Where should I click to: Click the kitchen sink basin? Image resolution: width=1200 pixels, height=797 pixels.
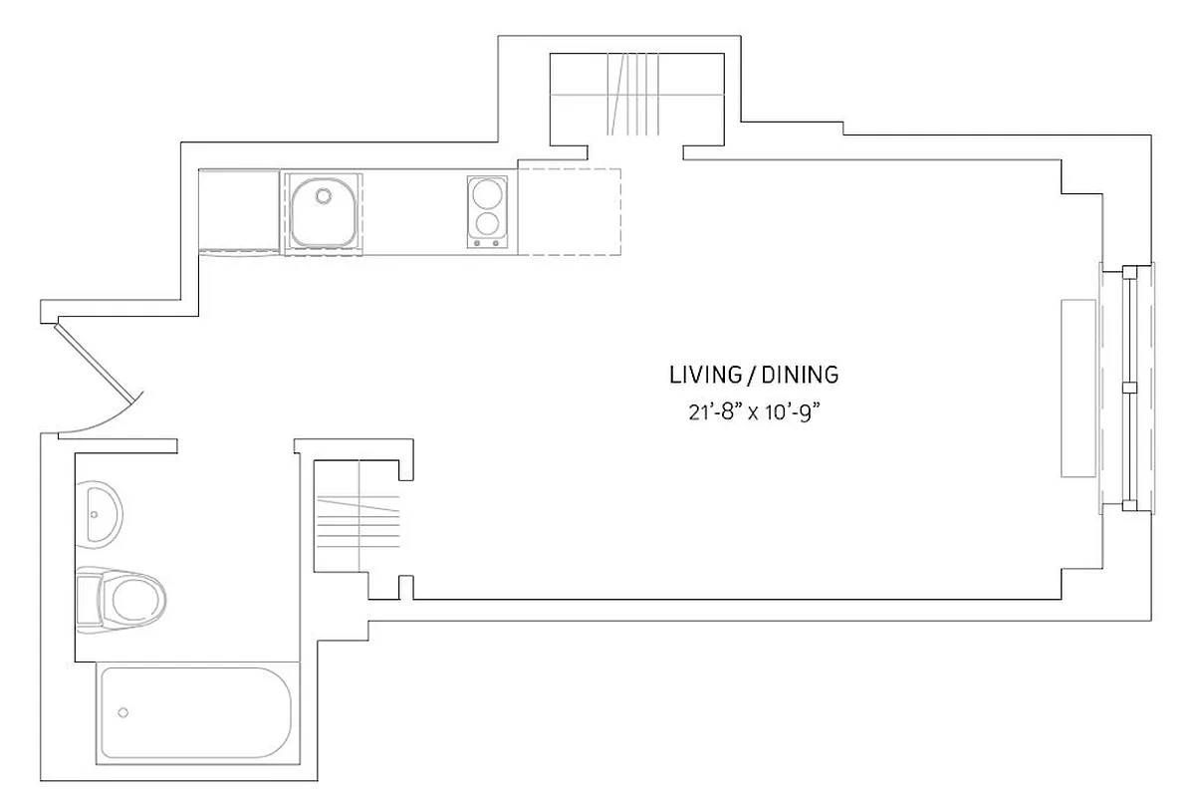[323, 212]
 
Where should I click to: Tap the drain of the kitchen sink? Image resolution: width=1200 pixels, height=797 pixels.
[322, 195]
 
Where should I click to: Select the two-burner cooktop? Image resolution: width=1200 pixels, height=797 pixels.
[488, 211]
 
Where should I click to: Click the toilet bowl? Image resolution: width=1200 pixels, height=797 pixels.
[135, 600]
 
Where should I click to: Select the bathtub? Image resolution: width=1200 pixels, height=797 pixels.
[195, 713]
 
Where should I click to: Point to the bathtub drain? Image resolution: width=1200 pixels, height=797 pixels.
[123, 712]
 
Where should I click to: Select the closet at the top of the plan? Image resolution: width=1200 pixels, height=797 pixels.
[636, 95]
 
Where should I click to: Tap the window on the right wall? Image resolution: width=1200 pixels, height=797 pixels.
[1129, 387]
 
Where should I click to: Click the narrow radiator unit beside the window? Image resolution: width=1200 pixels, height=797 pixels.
[1078, 387]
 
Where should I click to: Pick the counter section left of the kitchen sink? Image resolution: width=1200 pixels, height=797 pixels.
[239, 211]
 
